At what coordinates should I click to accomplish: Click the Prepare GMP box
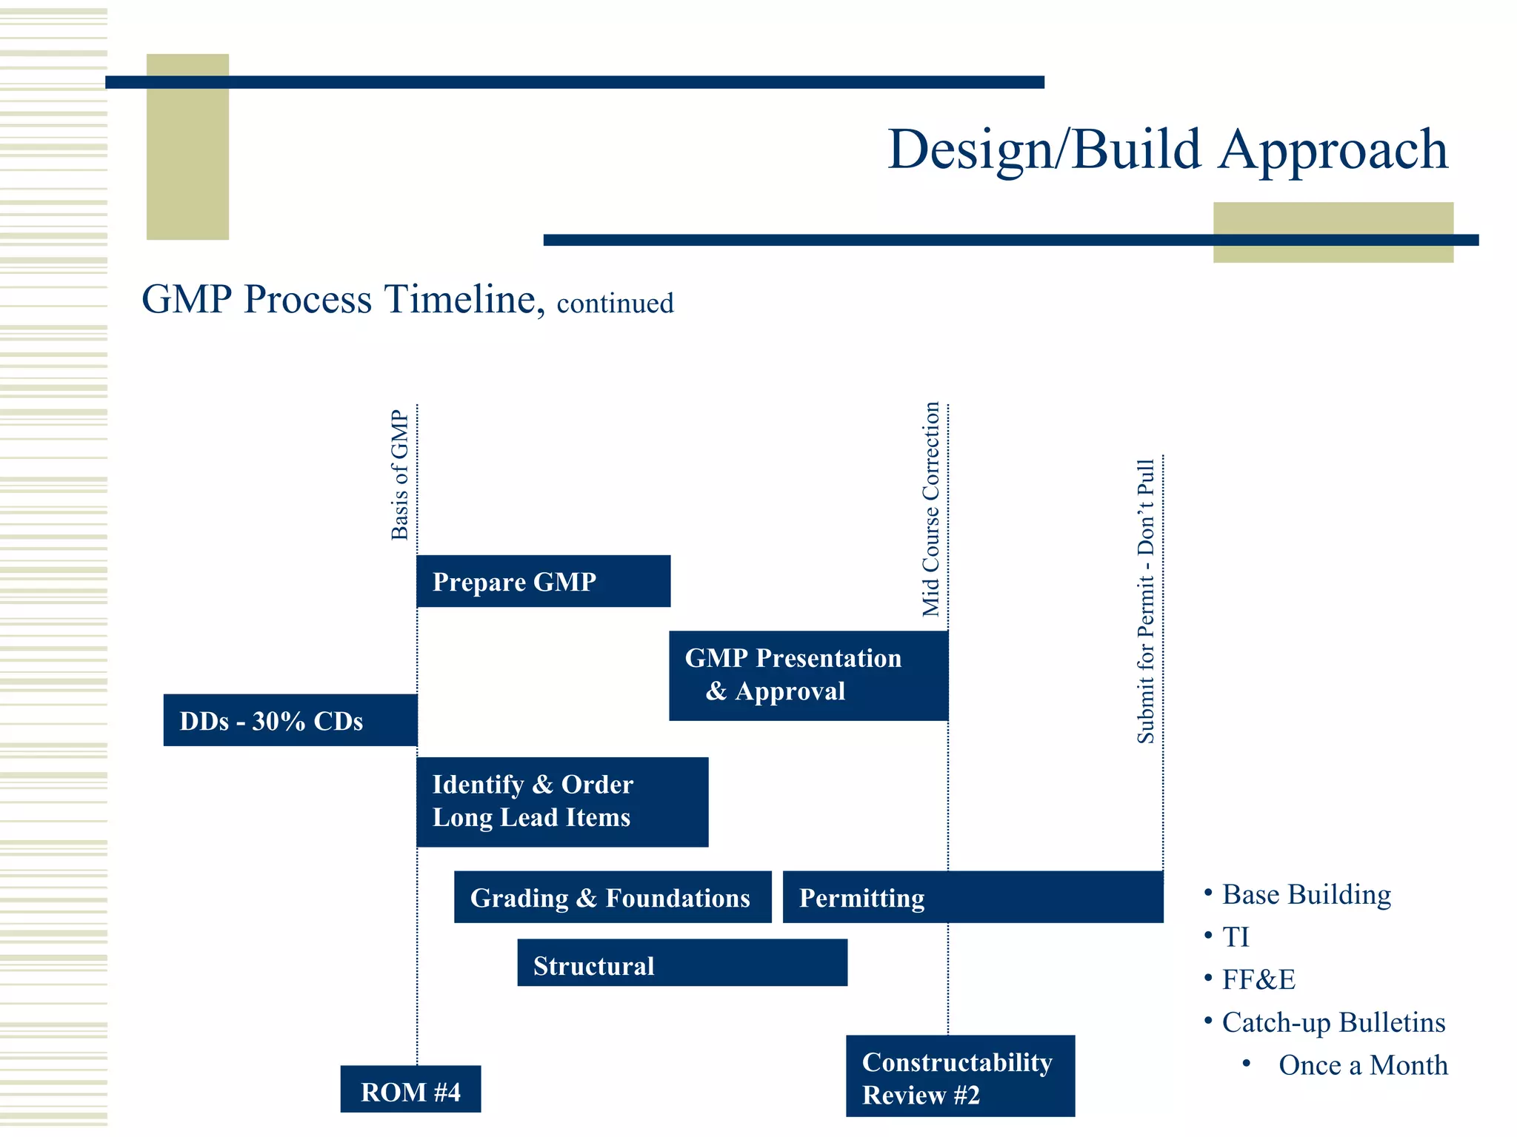coord(543,581)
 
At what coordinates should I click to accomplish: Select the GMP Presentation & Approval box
coord(808,675)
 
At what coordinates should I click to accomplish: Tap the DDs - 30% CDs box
coord(290,720)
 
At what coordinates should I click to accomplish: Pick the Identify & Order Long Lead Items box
coord(561,802)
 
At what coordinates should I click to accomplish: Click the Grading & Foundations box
coord(612,897)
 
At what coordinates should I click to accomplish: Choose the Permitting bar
coord(972,897)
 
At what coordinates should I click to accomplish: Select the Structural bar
coord(681,963)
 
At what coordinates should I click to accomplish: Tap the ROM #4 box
coord(410,1089)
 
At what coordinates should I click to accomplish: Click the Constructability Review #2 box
coord(960,1076)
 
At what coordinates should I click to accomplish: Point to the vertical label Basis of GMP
coord(400,475)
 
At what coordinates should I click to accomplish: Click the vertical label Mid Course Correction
coord(931,509)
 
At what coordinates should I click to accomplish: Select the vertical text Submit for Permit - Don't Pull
coord(1146,601)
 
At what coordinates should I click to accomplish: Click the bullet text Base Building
coord(1306,894)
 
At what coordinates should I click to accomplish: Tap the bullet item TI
coord(1235,937)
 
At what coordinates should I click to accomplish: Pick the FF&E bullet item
coord(1258,980)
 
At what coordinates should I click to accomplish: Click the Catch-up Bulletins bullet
coord(1333,1022)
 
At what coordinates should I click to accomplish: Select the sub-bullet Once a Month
coord(1363,1065)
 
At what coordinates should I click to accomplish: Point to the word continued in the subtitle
coord(615,303)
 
